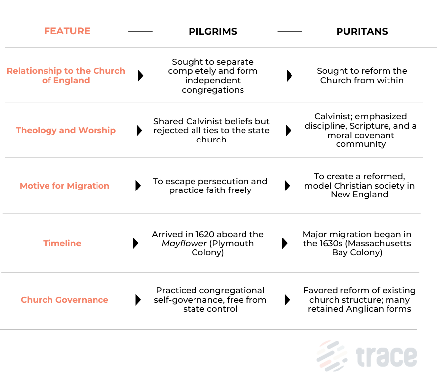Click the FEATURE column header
click(67, 31)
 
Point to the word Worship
click(97, 130)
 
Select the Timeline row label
click(62, 243)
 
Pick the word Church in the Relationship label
click(109, 71)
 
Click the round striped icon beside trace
click(331, 356)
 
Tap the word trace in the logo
click(387, 356)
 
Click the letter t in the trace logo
click(360, 356)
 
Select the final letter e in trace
click(409, 357)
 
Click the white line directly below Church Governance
click(208, 329)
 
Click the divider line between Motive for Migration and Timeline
click(211, 214)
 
